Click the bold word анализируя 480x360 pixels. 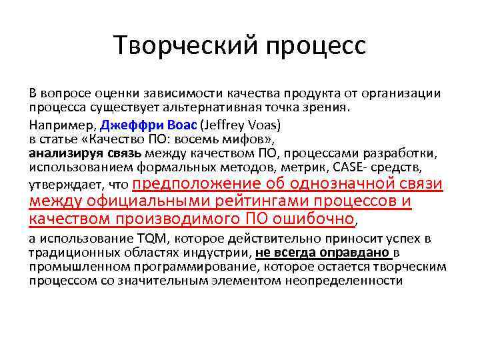[61, 153]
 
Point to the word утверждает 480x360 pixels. [61, 184]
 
